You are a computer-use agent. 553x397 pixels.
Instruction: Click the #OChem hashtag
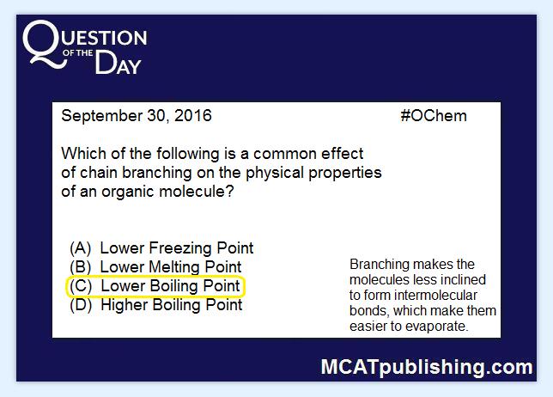coord(434,116)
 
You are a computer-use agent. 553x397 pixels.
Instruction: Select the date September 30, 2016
coord(137,116)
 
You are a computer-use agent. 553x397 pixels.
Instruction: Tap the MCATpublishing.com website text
coord(427,368)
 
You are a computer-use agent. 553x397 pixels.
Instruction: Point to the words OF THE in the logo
coord(77,53)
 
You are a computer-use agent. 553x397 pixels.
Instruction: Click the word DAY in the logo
coord(118,64)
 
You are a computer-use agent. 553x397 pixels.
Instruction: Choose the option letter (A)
coord(81,248)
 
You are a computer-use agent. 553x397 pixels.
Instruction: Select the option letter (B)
coord(81,267)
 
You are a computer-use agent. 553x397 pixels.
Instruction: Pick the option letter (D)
coord(81,305)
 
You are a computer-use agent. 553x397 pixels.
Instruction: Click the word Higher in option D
coord(125,305)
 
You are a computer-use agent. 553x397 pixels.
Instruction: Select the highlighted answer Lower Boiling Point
coord(170,286)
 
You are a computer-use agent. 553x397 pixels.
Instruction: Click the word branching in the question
coord(157,173)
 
